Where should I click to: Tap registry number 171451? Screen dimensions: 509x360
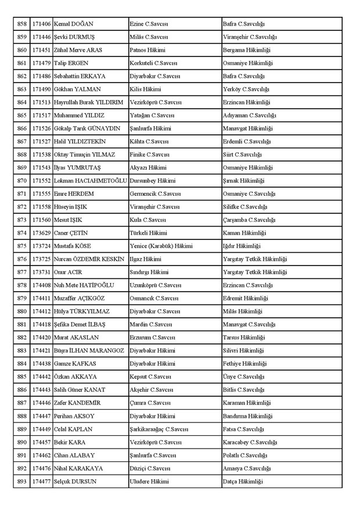[x=41, y=50]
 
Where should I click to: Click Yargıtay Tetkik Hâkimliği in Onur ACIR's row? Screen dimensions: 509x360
[x=254, y=272]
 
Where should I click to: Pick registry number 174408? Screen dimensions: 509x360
[x=41, y=285]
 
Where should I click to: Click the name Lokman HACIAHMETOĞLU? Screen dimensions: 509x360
[x=90, y=181]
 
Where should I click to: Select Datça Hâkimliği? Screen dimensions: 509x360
[x=243, y=481]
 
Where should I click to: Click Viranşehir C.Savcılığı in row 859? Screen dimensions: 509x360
[x=250, y=37]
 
